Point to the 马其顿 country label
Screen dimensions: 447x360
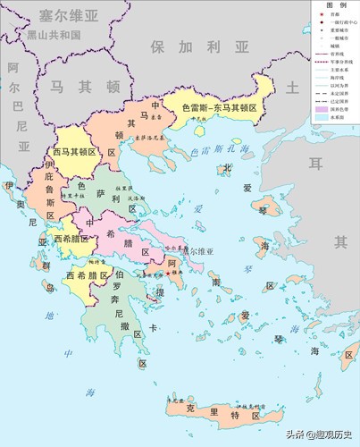click(84, 87)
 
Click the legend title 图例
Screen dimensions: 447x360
click(335, 4)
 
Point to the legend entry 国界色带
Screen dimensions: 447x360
click(340, 108)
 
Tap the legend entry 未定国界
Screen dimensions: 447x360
click(340, 93)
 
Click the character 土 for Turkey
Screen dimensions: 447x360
click(291, 87)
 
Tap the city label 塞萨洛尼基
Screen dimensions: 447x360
click(149, 139)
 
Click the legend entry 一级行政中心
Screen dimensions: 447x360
click(342, 23)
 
